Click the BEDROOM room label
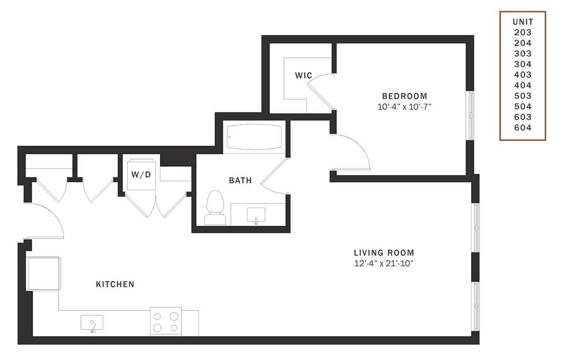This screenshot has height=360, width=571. coord(404,96)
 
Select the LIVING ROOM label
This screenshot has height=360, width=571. coord(384,253)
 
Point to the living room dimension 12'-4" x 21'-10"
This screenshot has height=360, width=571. coord(384,264)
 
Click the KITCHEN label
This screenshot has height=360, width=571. coord(115,284)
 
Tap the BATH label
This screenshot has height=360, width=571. coord(240,180)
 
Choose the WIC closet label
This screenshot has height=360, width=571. coord(303,75)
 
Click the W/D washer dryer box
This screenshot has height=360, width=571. coord(141,174)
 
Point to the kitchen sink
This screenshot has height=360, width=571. coord(92,323)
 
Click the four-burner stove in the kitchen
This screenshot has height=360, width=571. coord(166,321)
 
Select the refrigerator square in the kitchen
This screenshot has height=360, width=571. coord(43,273)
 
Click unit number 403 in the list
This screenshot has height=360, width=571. coord(522,75)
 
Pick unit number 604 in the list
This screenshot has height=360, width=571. coord(522,128)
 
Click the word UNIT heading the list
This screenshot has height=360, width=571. coord(522,22)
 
